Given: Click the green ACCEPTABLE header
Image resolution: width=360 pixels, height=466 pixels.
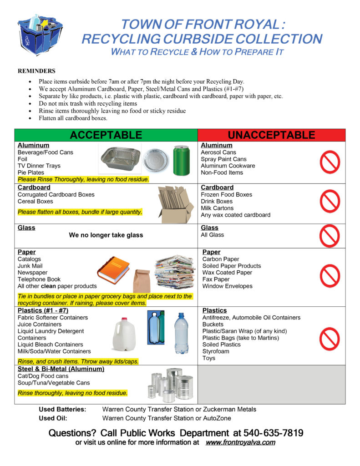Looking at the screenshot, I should pos(106,135).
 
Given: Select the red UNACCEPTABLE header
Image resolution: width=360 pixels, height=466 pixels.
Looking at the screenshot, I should pos(271,135).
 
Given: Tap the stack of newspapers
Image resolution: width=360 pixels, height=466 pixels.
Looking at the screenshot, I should pos(175,272).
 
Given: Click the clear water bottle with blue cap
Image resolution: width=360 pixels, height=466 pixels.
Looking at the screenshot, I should pos(182,333).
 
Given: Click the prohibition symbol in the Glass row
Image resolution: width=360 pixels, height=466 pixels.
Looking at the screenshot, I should pos(330,235).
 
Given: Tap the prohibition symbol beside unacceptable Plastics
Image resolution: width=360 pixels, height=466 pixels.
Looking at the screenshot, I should pos(330,339).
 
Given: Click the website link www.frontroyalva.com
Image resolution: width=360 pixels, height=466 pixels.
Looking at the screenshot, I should pos(240,442).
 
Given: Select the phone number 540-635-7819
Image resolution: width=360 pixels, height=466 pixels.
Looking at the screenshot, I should pos(274,433).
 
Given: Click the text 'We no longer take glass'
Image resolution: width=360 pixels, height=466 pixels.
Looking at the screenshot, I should pos(106,235).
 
